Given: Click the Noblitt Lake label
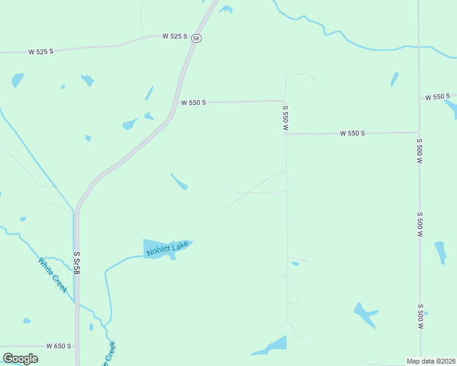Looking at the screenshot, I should point(167,248).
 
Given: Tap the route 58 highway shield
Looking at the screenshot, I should point(196,38).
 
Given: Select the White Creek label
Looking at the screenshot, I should point(52,275).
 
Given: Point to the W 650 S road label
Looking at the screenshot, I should point(59,346).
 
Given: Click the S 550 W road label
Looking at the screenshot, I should point(285,118).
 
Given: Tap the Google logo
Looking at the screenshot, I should point(20,359).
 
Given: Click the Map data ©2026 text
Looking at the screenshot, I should point(431,361).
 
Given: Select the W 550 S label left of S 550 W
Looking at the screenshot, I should point(194,102).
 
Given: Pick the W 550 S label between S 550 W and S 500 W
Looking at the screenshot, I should point(353,133).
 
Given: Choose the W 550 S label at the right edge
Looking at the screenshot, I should point(437,96).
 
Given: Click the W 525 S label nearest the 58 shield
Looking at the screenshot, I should point(175,36).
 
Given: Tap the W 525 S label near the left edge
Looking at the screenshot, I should point(41,51).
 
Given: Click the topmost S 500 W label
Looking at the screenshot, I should point(420,150).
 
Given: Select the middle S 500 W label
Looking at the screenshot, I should point(420,224).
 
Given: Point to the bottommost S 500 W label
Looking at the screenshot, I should point(420,317).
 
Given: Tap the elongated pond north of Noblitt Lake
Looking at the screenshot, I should point(179,182).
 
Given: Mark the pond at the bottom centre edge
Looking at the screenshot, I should point(272,345).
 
